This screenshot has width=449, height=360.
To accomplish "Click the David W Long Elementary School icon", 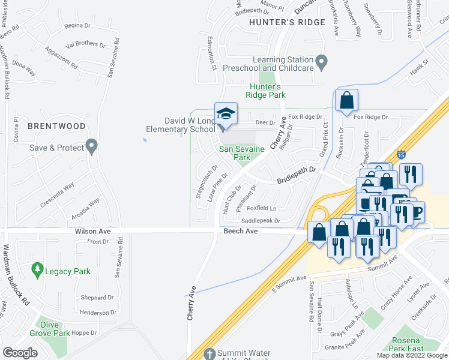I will coord(226,114).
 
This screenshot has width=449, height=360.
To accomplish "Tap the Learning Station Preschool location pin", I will coord(322,61).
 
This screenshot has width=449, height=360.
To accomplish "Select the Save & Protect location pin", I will coord(91,145).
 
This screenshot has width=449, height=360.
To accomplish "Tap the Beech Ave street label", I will coord(240,231).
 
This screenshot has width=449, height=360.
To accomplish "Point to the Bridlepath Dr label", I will coord(296,176).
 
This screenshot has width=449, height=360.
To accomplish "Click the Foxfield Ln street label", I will coord(261,208).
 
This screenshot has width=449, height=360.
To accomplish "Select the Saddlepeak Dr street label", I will coord(261,220).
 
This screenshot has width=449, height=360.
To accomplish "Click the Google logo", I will coord(20,353).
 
